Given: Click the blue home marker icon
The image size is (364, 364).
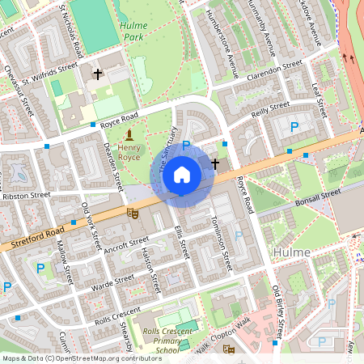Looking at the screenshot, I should pyautogui.click(x=182, y=176).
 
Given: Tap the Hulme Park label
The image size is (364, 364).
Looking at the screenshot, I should pyautogui.click(x=133, y=31).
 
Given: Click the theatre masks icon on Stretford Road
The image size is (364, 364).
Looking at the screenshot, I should pyautogui.click(x=131, y=213).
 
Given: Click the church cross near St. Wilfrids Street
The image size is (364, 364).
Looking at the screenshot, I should pyautogui.click(x=98, y=74).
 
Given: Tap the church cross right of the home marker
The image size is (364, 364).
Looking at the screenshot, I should pyautogui.click(x=214, y=163).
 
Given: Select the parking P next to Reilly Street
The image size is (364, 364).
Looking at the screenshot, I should pyautogui.click(x=294, y=126).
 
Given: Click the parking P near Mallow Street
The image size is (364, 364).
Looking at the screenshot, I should pyautogui.click(x=40, y=269).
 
